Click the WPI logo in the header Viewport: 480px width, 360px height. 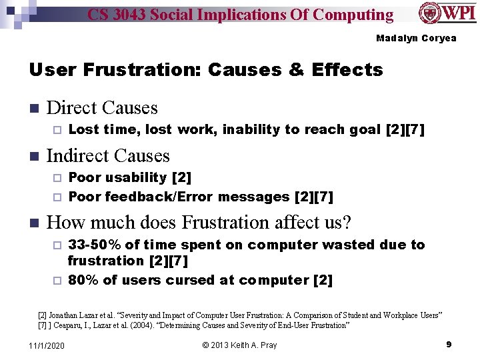447,13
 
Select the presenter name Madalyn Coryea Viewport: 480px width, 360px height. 416,38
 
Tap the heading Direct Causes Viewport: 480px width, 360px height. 102,108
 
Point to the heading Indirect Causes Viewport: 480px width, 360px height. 108,156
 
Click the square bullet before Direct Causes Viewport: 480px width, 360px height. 35,109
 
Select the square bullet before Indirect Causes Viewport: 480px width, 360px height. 35,157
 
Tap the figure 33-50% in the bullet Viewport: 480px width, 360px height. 95,245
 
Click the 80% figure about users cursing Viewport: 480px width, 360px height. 82,280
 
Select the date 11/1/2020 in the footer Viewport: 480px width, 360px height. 47,345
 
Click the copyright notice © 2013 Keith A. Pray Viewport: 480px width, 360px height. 239,345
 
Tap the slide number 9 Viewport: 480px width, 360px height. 449,344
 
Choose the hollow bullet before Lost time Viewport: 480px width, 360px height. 57,130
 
